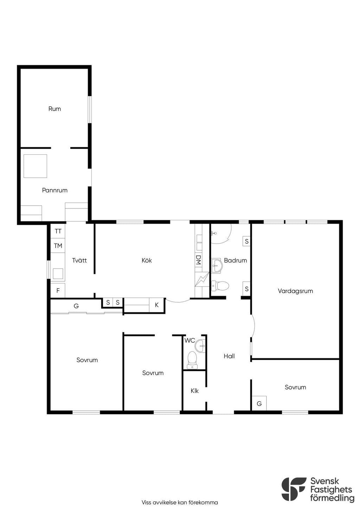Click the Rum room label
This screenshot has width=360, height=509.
coord(54,109)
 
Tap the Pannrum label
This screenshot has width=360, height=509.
coord(55,190)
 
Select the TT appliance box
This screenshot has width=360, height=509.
coord(58,231)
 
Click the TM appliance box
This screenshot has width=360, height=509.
coord(58,246)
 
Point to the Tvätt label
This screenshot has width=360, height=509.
coord(79,260)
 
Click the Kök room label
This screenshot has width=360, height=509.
coord(147,260)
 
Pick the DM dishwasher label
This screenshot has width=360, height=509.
coord(198,260)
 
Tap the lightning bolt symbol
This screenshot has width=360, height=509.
coord(202,279)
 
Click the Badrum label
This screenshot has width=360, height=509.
coord(236,260)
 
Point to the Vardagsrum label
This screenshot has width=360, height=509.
coord(295,291)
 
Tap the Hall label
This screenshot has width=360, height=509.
coord(229,356)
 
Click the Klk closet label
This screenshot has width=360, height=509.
coord(194,391)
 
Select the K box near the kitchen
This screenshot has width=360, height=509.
coord(156,305)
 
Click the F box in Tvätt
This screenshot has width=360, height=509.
coord(58,290)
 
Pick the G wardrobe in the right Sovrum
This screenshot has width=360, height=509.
coord(259,404)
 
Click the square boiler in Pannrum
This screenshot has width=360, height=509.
coord(35,166)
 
